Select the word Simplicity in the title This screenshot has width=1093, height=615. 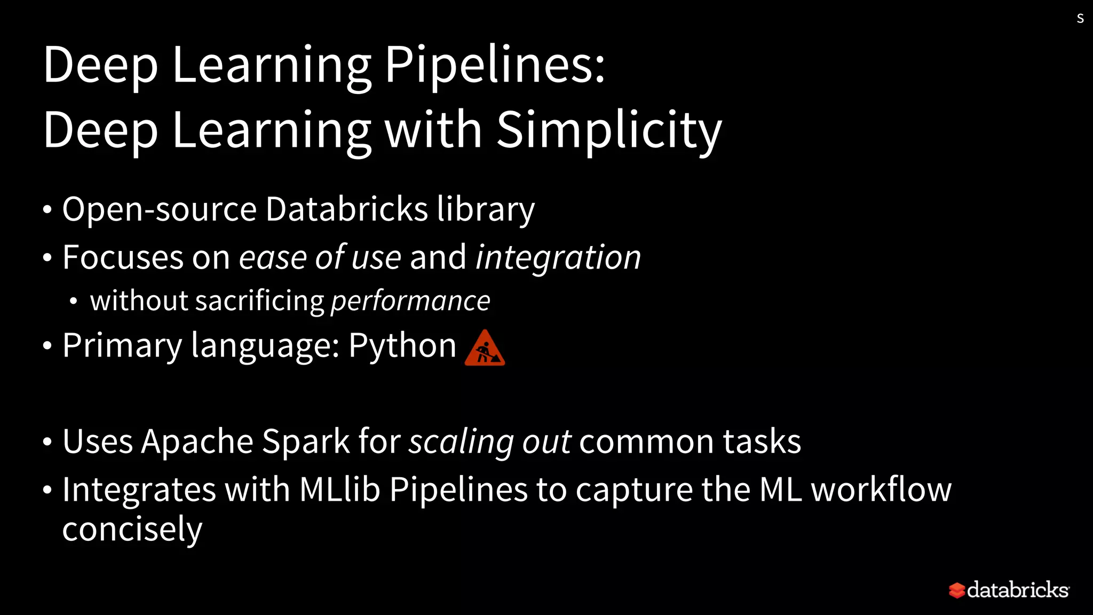point(608,130)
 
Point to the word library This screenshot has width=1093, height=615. point(486,209)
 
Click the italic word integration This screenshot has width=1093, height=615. point(558,257)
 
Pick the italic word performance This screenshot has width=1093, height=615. point(410,301)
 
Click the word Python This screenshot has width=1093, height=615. point(402,345)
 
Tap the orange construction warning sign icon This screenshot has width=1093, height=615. point(485,348)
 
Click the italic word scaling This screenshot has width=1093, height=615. point(461,441)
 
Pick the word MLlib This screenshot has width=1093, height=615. point(339,490)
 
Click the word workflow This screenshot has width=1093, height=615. point(881,490)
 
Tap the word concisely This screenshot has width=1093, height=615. point(132,529)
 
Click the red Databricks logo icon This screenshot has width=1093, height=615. point(956,590)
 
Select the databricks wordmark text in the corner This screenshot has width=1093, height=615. point(1018,590)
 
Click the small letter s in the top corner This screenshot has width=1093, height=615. point(1080,19)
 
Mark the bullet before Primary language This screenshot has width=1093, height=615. point(47,346)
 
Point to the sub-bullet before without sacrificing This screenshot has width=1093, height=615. point(74,302)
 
